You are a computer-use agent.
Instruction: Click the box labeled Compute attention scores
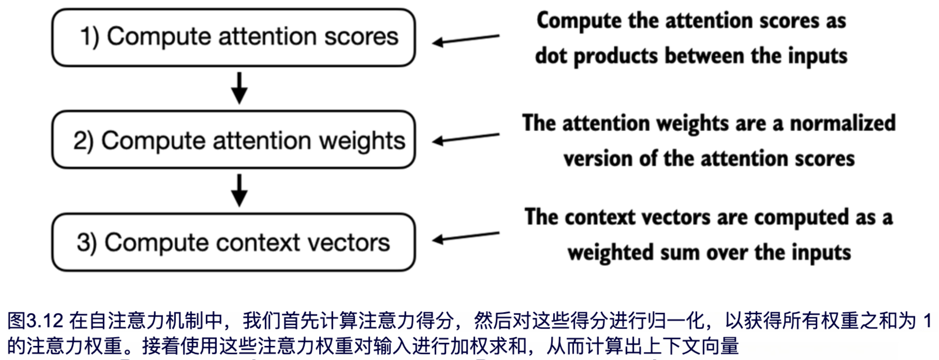point(233,38)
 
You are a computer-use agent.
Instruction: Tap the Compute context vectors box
point(233,242)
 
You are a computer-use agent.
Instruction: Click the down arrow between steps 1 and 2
point(239,88)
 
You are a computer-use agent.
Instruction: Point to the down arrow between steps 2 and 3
point(239,190)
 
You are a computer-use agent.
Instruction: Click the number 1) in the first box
point(90,37)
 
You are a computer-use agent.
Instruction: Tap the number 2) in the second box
point(83,141)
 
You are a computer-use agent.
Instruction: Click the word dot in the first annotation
point(551,57)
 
